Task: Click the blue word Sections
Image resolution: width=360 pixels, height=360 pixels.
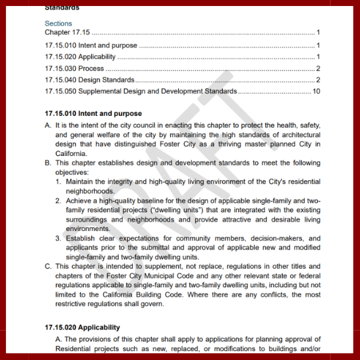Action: (58, 23)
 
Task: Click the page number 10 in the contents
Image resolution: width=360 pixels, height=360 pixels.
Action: (316, 92)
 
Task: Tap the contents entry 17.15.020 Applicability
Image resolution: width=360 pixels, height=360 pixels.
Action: (80, 57)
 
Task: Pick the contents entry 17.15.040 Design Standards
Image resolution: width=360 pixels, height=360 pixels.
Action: (90, 80)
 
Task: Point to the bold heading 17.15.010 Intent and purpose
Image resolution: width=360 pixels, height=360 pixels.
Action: (93, 113)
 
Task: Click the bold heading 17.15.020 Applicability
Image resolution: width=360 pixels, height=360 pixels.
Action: (82, 328)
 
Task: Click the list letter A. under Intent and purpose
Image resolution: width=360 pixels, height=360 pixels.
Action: (48, 125)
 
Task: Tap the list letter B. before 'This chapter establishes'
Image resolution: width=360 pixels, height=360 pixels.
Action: (48, 163)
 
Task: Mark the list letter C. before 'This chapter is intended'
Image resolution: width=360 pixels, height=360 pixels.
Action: (48, 266)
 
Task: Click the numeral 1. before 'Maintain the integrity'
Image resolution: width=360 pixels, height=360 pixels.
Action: (59, 182)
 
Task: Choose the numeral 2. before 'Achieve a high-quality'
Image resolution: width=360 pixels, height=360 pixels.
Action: (59, 200)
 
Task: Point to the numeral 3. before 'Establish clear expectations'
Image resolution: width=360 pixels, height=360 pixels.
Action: (59, 238)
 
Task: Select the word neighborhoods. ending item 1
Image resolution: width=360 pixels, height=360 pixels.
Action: (90, 191)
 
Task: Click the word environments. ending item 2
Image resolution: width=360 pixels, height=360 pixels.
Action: (88, 229)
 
